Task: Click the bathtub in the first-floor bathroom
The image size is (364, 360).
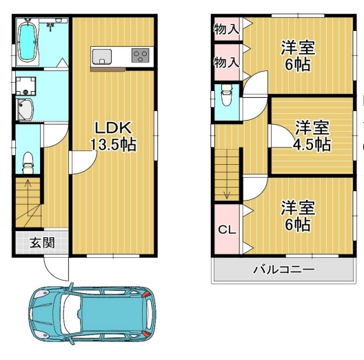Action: click(x=28, y=42)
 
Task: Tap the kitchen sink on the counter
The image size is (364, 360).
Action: click(x=102, y=57)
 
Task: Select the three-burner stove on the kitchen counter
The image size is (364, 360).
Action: click(x=140, y=55)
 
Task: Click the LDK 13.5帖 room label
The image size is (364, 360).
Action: click(x=113, y=137)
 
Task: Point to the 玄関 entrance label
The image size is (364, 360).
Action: click(x=42, y=243)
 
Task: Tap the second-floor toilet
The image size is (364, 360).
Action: click(x=227, y=95)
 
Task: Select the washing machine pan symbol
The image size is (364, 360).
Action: click(x=26, y=86)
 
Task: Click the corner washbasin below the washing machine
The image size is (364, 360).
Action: click(x=24, y=110)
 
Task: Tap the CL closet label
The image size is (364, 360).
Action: click(x=227, y=230)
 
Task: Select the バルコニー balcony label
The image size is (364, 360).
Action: click(x=284, y=270)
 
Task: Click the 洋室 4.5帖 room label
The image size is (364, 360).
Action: click(x=312, y=136)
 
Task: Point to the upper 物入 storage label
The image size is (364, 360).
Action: click(x=226, y=29)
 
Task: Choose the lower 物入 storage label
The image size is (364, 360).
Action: click(x=226, y=62)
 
